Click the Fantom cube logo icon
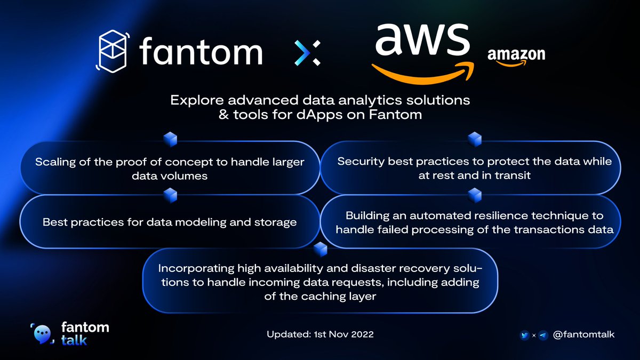tap(112, 51)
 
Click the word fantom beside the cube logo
tap(201, 52)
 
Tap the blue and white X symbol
tap(307, 53)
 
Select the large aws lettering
tap(422, 39)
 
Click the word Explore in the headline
tap(197, 101)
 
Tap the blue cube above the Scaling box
tap(170, 139)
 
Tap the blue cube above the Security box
tap(475, 139)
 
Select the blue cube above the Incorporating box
tap(321, 250)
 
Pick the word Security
tap(361, 162)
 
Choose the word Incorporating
tap(196, 269)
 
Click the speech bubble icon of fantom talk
tap(42, 334)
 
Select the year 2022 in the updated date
tap(362, 334)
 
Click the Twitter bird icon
tap(525, 335)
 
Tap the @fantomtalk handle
tap(583, 334)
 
